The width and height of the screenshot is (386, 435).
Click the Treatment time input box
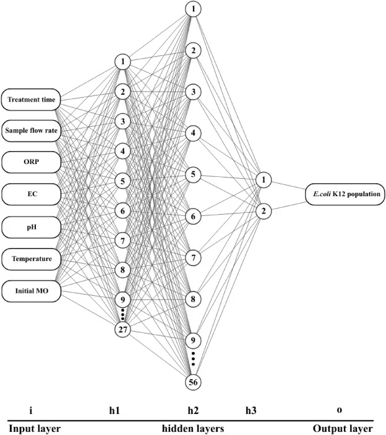tap(31, 100)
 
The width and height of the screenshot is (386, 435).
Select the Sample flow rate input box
tap(31, 131)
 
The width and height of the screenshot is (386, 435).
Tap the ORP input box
tap(31, 162)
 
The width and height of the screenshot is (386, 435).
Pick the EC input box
tap(31, 194)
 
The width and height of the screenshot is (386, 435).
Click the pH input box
tap(31, 228)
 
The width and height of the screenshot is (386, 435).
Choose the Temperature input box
tap(31, 259)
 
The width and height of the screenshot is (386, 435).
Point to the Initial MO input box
tap(31, 291)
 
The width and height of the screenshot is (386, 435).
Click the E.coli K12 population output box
tap(345, 194)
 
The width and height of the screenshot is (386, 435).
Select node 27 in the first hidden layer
tap(122, 330)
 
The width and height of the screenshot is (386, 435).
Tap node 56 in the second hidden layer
tap(193, 382)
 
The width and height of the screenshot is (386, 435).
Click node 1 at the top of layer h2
tap(193, 9)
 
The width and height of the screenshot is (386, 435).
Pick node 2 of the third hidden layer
tap(264, 211)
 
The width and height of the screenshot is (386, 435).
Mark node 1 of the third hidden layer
tap(264, 180)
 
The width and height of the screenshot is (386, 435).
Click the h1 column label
tap(114, 410)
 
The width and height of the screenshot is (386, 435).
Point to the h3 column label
tap(251, 410)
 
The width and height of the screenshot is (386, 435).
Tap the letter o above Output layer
tap(340, 410)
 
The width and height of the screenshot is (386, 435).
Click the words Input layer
tap(35, 429)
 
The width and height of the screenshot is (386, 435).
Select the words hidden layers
tap(193, 428)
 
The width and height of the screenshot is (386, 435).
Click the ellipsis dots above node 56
tap(193, 359)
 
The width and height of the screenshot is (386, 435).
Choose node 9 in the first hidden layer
tap(122, 299)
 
